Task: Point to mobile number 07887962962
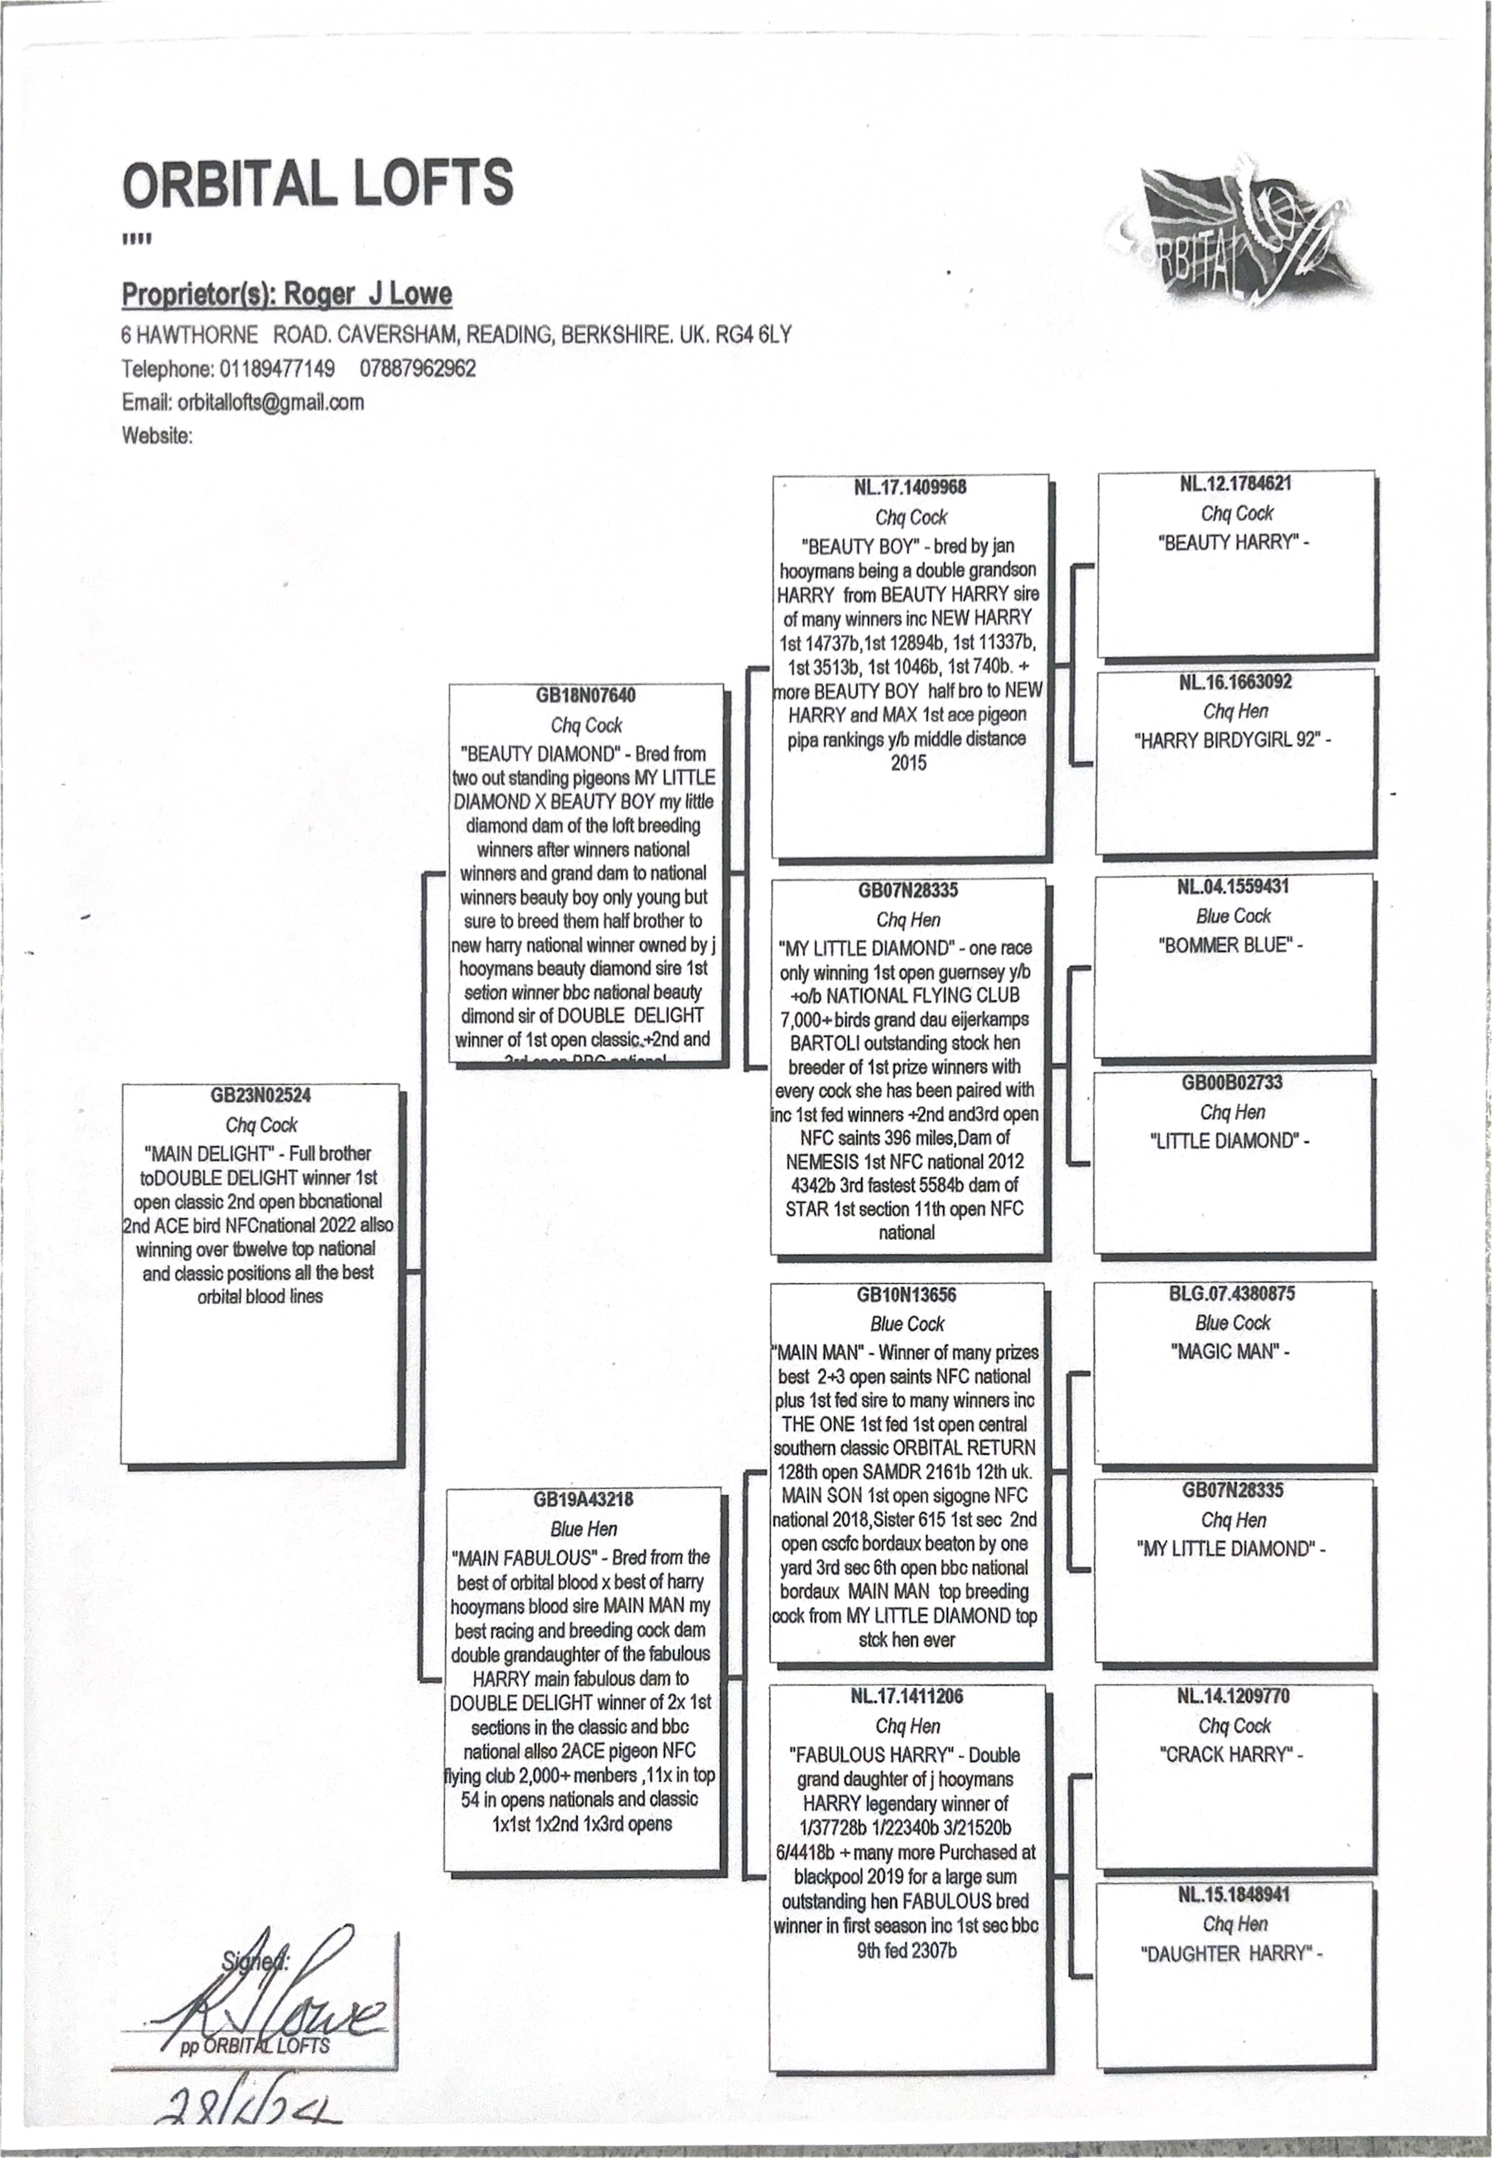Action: click(x=418, y=368)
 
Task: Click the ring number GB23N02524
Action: click(x=261, y=1095)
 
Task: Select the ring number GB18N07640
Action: click(x=585, y=695)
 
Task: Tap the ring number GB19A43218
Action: click(x=583, y=1499)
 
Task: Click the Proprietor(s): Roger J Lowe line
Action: click(x=287, y=294)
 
